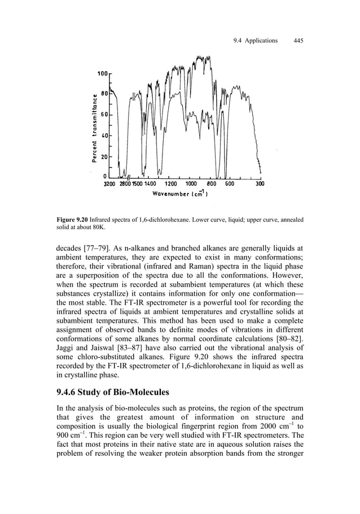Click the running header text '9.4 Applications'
[256, 41]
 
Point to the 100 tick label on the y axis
[102, 74]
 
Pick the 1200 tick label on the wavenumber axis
[170, 184]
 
